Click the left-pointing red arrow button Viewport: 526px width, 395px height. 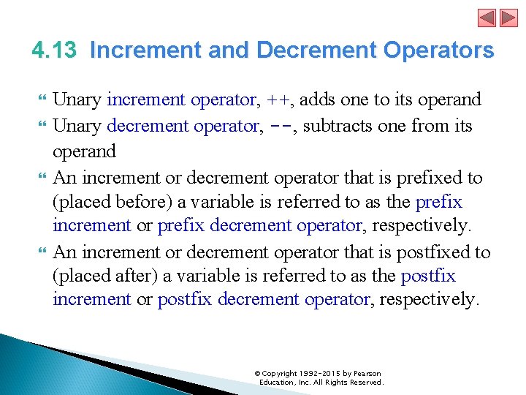pos(487,18)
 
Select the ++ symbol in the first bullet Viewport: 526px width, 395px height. pos(278,100)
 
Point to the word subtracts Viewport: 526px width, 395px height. pos(337,126)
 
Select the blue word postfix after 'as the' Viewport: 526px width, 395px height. pos(428,276)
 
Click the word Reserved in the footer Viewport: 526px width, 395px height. pos(365,383)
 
